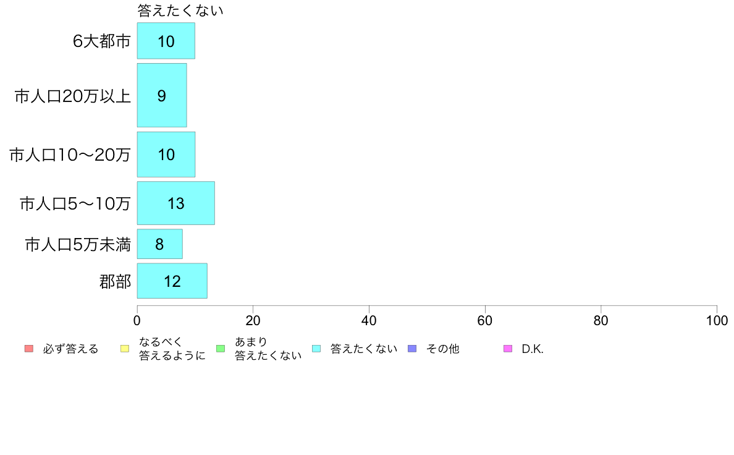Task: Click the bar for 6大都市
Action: pos(166,41)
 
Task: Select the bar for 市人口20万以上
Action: pos(161,95)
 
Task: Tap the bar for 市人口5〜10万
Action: pos(175,203)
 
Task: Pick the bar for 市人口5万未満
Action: pos(159,244)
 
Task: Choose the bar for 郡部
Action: pos(172,281)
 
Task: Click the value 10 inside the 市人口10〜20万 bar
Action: pos(166,155)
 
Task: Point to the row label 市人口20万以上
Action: pos(72,96)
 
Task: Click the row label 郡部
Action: pos(115,282)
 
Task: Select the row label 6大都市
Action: pos(101,41)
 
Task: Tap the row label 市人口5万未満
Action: pos(78,245)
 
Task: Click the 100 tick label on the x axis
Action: pos(717,320)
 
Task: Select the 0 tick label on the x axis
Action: pos(137,320)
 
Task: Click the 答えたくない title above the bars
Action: pos(180,11)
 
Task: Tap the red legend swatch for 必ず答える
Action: pos(29,349)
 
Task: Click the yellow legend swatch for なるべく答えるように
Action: pos(125,349)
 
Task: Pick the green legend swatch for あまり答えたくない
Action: pos(221,349)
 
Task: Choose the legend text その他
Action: pos(443,349)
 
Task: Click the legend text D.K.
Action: pos(533,349)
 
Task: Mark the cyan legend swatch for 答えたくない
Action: pos(316,349)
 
